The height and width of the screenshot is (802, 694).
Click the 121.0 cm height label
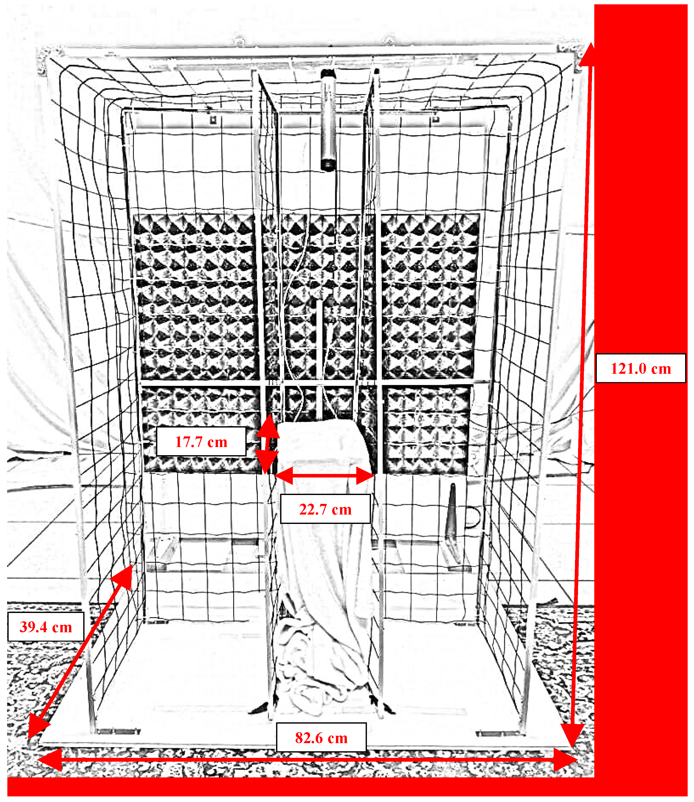640,368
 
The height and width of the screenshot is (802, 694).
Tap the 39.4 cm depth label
46,627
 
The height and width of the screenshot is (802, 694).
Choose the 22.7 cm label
325,509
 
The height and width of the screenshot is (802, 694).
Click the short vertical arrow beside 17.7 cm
267,444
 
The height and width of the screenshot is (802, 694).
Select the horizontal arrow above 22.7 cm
325,475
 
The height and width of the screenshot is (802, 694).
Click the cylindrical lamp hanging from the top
328,120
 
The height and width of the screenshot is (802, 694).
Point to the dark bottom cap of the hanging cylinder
328,165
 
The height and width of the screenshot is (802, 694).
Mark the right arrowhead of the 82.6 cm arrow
565,760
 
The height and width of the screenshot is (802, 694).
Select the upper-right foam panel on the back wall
430,297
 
